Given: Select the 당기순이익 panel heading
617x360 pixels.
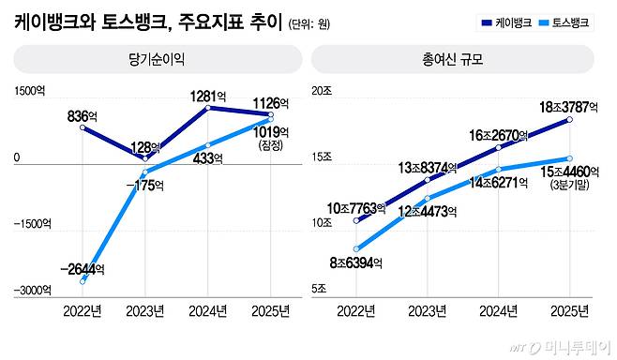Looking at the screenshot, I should (158, 58).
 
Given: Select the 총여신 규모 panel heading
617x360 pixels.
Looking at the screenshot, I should (453, 58).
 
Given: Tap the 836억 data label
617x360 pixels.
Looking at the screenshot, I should (83, 116).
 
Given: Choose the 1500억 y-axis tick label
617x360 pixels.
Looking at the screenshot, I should (29, 91).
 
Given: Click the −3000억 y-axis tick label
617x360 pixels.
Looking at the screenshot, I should (31, 291).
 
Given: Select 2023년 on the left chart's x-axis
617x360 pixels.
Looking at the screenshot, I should (148, 308).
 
